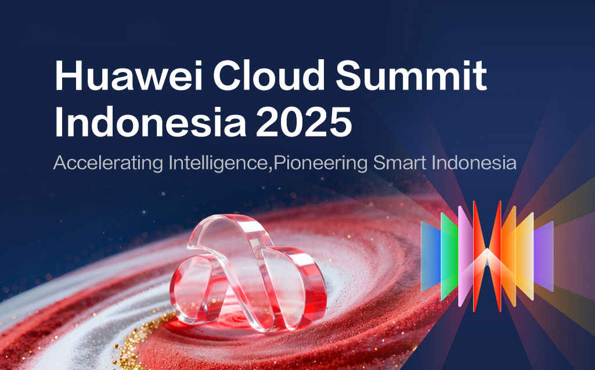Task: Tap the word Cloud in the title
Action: click(x=269, y=75)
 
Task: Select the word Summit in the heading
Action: click(x=411, y=75)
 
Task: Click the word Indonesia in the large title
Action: click(x=151, y=121)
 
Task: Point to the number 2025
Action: click(x=304, y=121)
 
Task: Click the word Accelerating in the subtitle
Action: click(x=108, y=163)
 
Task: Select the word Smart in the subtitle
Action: click(x=399, y=163)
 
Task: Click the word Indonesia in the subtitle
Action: click(x=474, y=163)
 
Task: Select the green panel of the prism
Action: click(x=449, y=257)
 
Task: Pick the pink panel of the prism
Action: click(x=465, y=256)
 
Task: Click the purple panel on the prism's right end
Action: click(x=543, y=256)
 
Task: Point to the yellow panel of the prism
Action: click(x=525, y=256)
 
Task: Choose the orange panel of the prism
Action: click(x=509, y=256)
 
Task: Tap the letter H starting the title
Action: click(x=68, y=75)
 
